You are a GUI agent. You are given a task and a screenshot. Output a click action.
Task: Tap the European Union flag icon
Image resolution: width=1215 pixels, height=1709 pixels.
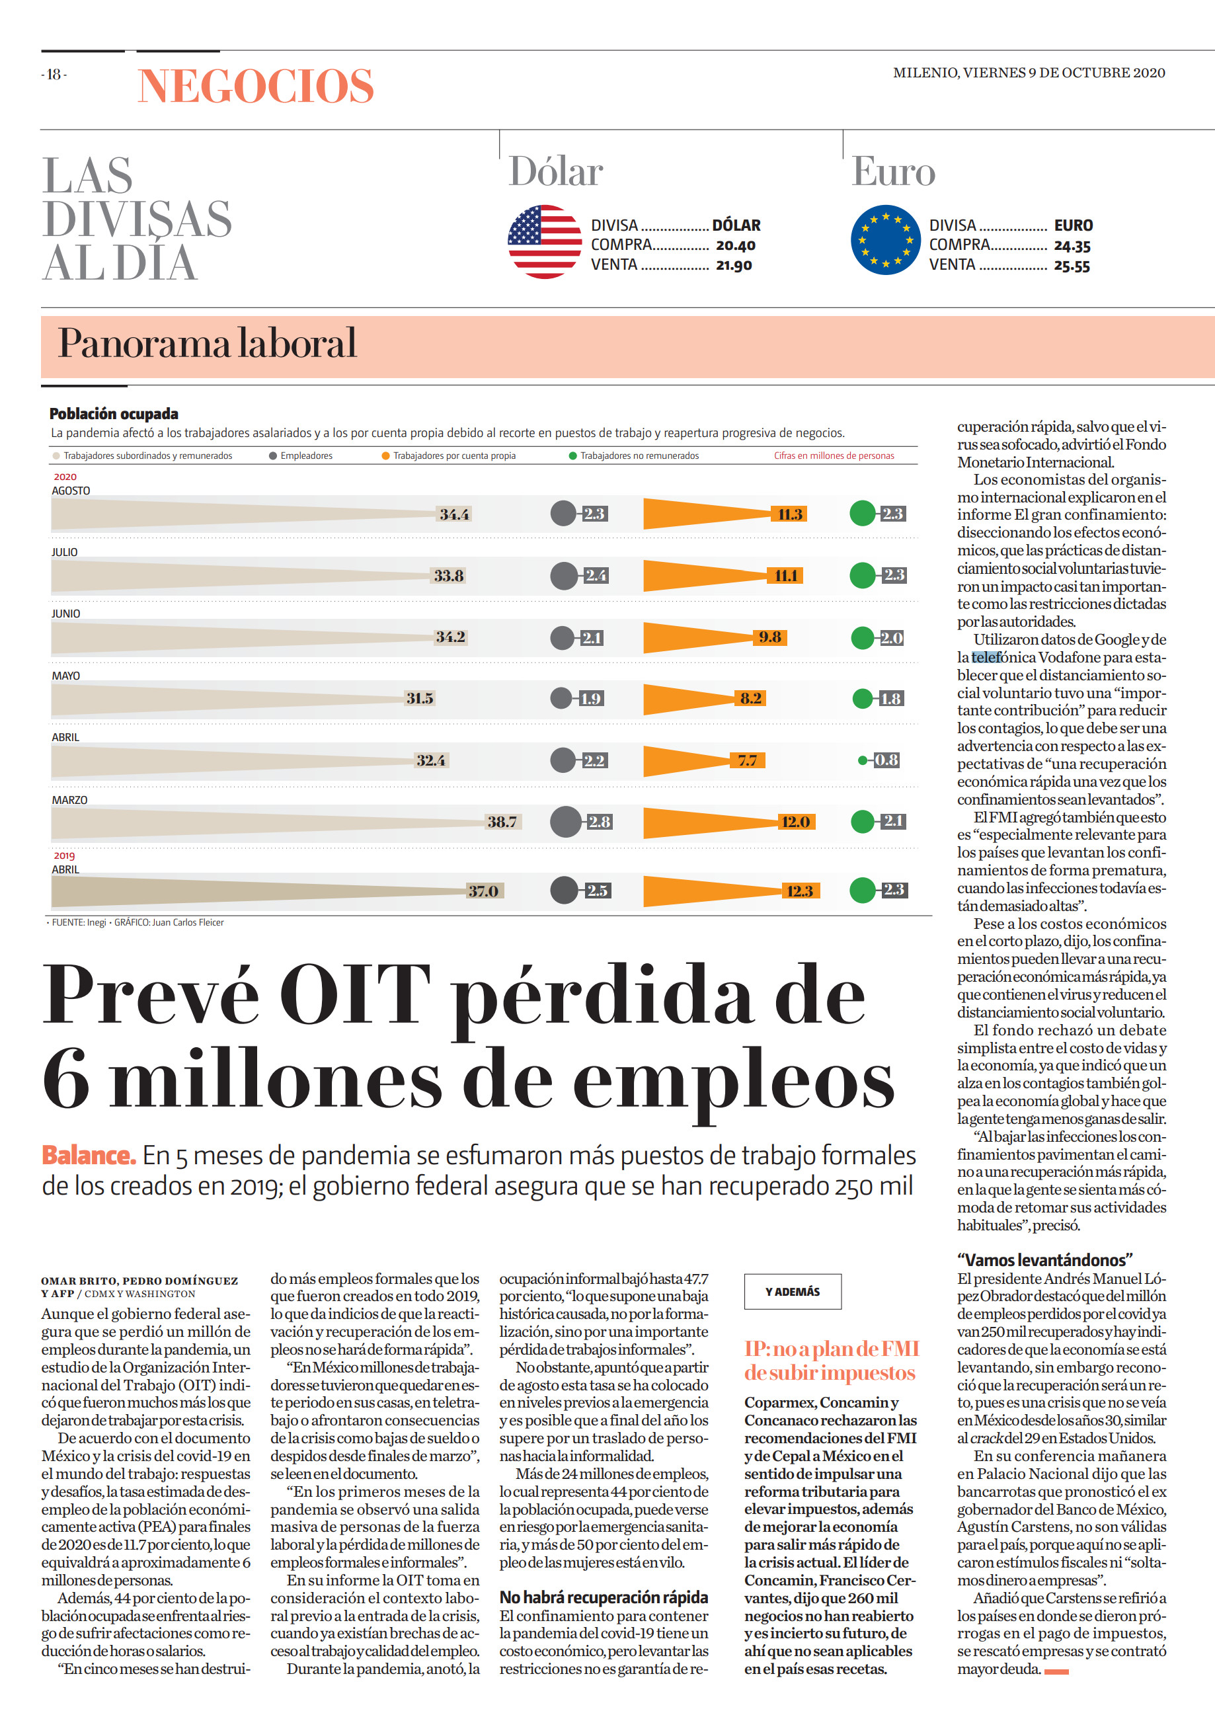click(x=886, y=240)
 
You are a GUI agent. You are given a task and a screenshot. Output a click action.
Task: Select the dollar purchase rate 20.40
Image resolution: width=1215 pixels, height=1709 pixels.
click(x=736, y=245)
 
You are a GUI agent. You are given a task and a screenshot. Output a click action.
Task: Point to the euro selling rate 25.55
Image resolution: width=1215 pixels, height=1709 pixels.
click(x=1072, y=266)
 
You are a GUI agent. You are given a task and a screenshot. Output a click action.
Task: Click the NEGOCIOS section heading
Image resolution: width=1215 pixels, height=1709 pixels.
click(x=256, y=85)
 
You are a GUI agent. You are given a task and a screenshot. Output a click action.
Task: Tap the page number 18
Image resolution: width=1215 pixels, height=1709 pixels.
click(x=54, y=74)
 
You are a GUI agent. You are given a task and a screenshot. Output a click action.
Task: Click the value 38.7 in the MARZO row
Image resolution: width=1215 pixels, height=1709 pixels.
click(x=502, y=822)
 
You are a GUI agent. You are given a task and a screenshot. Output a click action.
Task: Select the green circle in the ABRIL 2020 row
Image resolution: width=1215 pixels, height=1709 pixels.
click(x=863, y=760)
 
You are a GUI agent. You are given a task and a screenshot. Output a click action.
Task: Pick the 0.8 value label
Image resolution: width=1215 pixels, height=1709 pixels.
click(x=886, y=760)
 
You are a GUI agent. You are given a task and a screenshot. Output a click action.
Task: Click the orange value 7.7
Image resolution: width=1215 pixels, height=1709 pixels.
click(x=748, y=761)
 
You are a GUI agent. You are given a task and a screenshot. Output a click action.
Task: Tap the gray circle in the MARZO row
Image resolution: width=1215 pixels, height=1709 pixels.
click(x=566, y=822)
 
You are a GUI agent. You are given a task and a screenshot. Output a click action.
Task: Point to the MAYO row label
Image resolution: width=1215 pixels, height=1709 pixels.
click(x=66, y=676)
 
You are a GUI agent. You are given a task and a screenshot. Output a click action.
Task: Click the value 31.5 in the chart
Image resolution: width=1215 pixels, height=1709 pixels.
click(x=420, y=698)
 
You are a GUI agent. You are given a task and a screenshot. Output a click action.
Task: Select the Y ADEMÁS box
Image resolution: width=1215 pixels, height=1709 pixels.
click(x=793, y=1291)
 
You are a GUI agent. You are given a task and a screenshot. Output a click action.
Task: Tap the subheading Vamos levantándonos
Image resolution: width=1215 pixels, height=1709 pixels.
click(x=1044, y=1260)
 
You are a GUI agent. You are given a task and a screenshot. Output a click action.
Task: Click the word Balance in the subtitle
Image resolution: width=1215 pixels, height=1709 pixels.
click(x=89, y=1155)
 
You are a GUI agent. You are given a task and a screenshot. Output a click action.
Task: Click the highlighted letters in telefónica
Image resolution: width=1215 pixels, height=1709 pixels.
click(x=987, y=658)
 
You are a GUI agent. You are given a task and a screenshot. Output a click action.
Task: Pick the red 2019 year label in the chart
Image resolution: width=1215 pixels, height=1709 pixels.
click(x=64, y=855)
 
